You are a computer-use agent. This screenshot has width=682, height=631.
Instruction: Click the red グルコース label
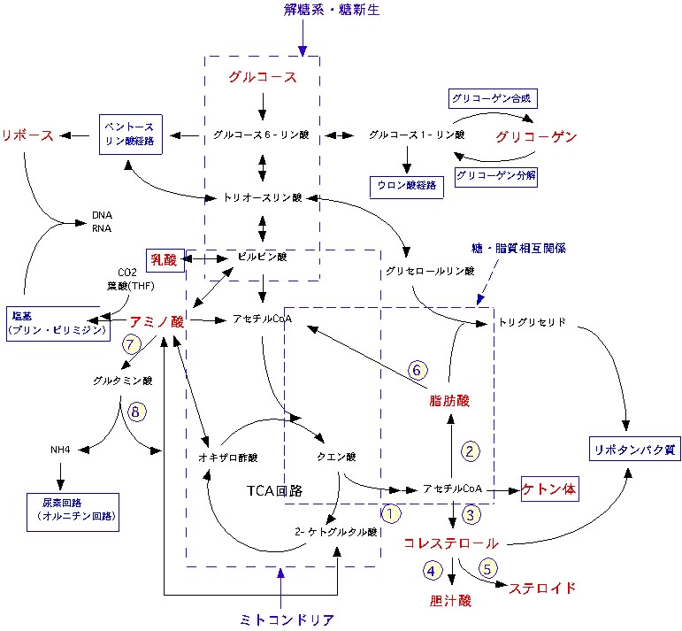coord(262,77)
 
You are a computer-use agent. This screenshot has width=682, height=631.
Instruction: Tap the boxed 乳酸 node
coord(164,260)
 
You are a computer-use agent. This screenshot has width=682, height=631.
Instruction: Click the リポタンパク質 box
coord(633,450)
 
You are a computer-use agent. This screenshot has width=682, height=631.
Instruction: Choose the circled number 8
coord(135,412)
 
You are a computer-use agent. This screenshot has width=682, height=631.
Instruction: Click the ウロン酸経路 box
coord(407,186)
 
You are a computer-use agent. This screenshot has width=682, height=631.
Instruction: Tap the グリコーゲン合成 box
coord(494,96)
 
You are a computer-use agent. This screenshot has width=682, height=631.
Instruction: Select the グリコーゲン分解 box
coord(496,175)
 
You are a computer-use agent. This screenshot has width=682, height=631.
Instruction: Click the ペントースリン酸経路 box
coord(131,135)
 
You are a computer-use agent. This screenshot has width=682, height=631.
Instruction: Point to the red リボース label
coord(28,135)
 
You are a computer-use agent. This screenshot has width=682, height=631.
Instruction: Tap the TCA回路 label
coord(275,489)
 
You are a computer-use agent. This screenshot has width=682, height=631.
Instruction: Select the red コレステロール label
coord(451,543)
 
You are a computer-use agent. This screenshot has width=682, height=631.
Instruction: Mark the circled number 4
coord(432,571)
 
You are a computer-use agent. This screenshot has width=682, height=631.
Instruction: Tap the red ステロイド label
coord(543,588)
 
